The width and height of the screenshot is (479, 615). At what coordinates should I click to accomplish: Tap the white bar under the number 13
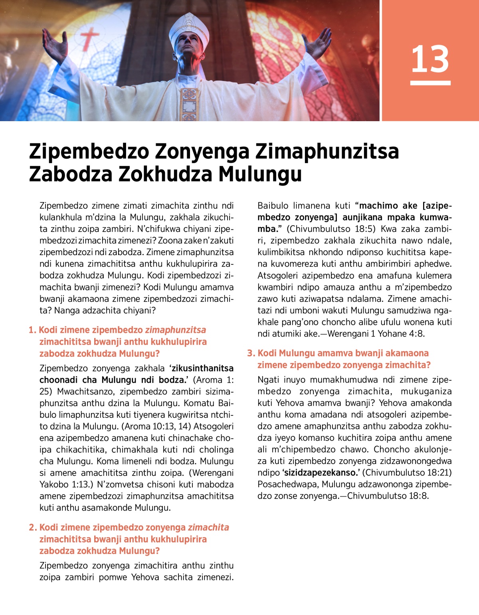[430, 83]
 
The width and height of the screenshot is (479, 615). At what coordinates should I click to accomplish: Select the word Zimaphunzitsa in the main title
[327, 151]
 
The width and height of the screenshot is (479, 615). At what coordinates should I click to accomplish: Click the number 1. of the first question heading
[32, 330]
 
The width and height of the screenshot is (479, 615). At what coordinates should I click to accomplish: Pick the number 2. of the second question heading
[33, 527]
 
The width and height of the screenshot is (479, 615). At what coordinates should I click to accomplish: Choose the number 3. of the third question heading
[251, 353]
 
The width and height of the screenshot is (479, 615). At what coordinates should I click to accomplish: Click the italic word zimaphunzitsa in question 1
[176, 330]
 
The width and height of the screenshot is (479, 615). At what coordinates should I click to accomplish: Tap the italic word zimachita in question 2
[208, 527]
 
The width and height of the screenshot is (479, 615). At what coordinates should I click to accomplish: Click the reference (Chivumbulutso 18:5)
[332, 229]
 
